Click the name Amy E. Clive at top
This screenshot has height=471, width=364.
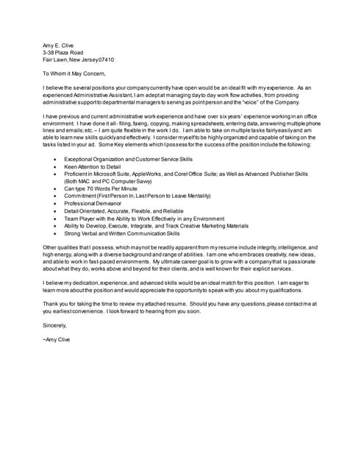pos(58,45)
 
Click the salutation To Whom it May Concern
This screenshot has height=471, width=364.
pos(74,74)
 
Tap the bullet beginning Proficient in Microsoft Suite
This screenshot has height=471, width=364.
pos(184,174)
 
